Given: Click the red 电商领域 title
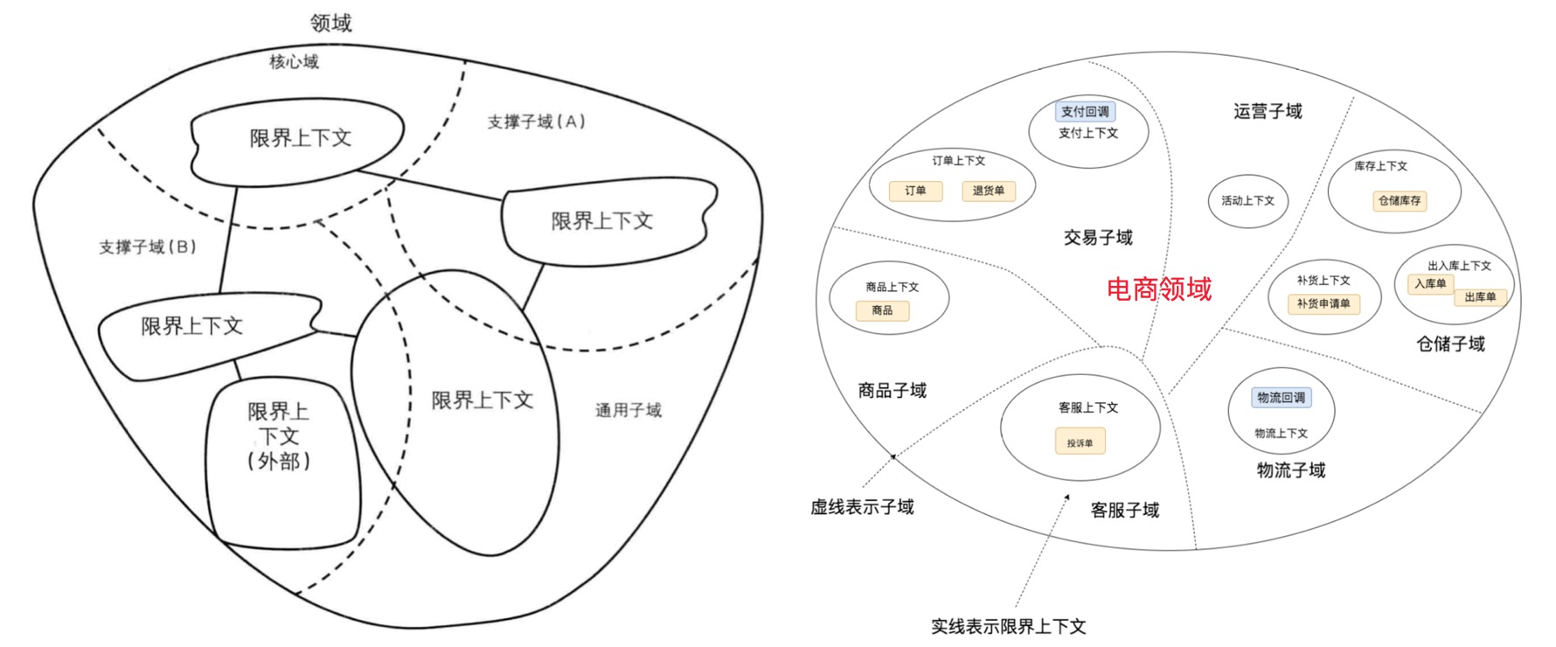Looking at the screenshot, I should [1159, 289].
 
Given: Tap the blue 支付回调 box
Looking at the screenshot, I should [1085, 112].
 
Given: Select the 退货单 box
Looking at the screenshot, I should [989, 191].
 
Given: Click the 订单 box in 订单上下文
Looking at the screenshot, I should [915, 191].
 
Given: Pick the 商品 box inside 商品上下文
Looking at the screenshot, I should [882, 310].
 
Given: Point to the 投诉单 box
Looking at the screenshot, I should [1080, 442].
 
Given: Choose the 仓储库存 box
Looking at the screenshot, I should [1400, 201].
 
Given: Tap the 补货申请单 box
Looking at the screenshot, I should [1323, 303].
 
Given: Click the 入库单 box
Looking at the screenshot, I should [1430, 284].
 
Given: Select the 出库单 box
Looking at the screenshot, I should [1480, 297].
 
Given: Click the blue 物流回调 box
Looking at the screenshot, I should [1281, 398].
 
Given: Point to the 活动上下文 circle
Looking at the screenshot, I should [1247, 201].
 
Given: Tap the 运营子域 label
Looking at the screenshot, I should [1268, 111].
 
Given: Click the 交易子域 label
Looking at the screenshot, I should [1098, 238].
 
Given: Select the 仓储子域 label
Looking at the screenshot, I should [1450, 344].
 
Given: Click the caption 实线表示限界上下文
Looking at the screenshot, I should [1008, 626].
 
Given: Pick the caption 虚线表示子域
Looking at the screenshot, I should [862, 507].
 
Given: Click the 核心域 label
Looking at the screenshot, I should [294, 61].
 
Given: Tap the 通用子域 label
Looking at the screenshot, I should [629, 410].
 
